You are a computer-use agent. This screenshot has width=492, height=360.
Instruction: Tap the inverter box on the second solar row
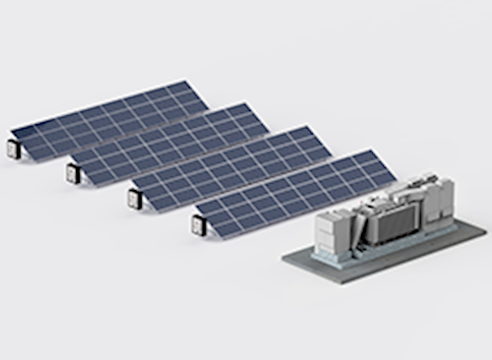pyautogui.click(x=73, y=174)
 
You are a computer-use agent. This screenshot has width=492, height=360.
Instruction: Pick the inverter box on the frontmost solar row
pyautogui.click(x=199, y=225)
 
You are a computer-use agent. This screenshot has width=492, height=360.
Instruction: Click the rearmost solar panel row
pyautogui.click(x=108, y=118)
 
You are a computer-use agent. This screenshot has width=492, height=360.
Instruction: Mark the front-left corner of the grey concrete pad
pyautogui.click(x=283, y=260)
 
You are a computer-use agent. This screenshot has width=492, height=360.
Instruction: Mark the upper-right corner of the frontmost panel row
pyautogui.click(x=372, y=150)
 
